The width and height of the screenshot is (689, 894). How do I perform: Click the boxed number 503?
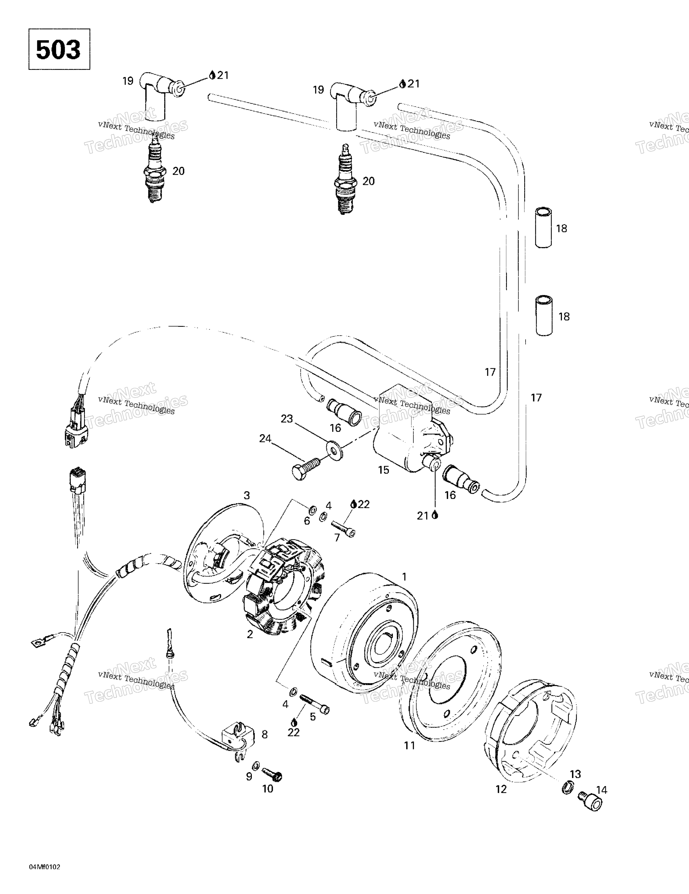pos(59,50)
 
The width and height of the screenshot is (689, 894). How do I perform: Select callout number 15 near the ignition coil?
pos(384,470)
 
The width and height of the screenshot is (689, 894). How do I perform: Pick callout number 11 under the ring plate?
pos(410,745)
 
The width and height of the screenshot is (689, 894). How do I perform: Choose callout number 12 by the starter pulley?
pos(501,789)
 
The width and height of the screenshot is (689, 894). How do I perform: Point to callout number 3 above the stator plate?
pos(247,495)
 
